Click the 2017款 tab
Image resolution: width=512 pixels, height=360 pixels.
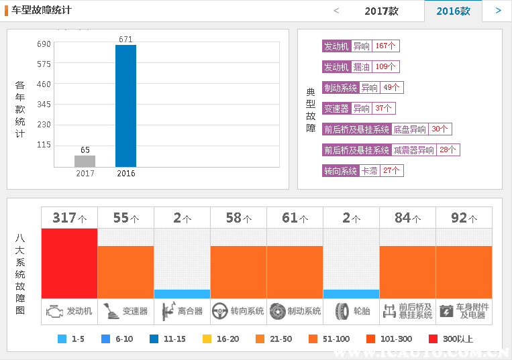381,11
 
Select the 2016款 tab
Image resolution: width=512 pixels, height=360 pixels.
453,11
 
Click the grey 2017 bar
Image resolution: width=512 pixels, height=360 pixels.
85,161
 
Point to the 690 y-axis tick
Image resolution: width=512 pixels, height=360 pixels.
44,44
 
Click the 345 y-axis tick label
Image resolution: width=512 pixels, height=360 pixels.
44,105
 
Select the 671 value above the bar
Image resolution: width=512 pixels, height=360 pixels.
125,39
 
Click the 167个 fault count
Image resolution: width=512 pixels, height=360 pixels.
387,46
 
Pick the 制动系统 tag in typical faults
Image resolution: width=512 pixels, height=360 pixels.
340,88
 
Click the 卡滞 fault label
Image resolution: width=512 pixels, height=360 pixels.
369,171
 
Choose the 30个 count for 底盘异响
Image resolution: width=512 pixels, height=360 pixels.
440,129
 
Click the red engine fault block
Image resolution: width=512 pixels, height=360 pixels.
69,263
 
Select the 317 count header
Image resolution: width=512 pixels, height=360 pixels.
69,218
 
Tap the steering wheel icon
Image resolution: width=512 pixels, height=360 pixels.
219,311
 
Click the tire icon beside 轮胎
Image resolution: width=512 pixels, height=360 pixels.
342,311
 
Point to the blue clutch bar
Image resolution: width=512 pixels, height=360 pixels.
182,294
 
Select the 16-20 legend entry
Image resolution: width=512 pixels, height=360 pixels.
221,339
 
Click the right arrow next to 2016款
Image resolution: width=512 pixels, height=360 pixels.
498,11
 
